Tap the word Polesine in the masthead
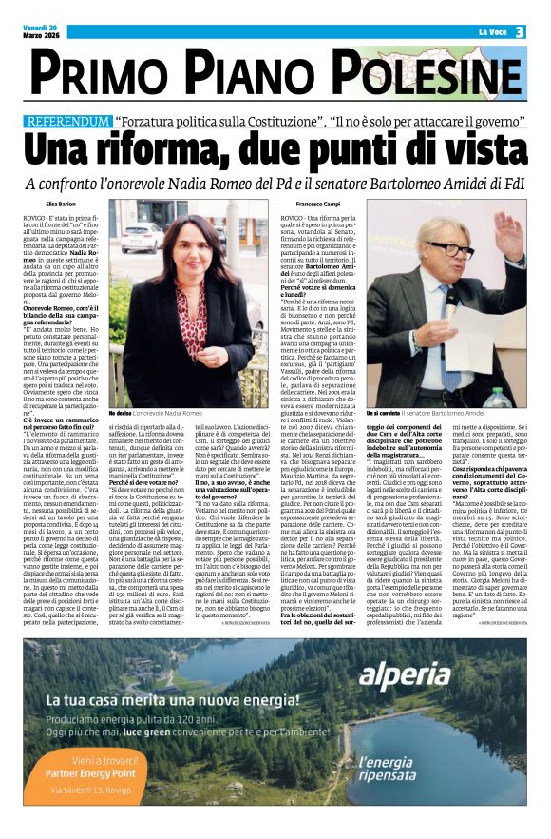pos(439,74)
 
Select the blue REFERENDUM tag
pos(69,123)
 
